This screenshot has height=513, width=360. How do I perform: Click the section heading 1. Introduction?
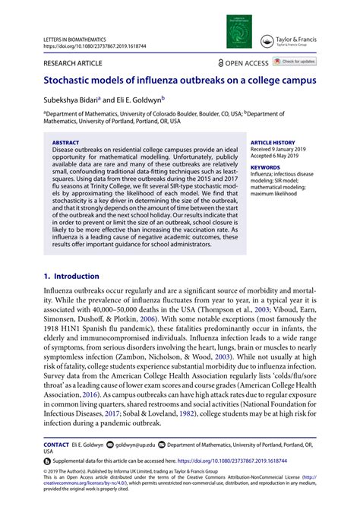pos(71,277)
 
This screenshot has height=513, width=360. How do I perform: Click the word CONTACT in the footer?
pos(56,443)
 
